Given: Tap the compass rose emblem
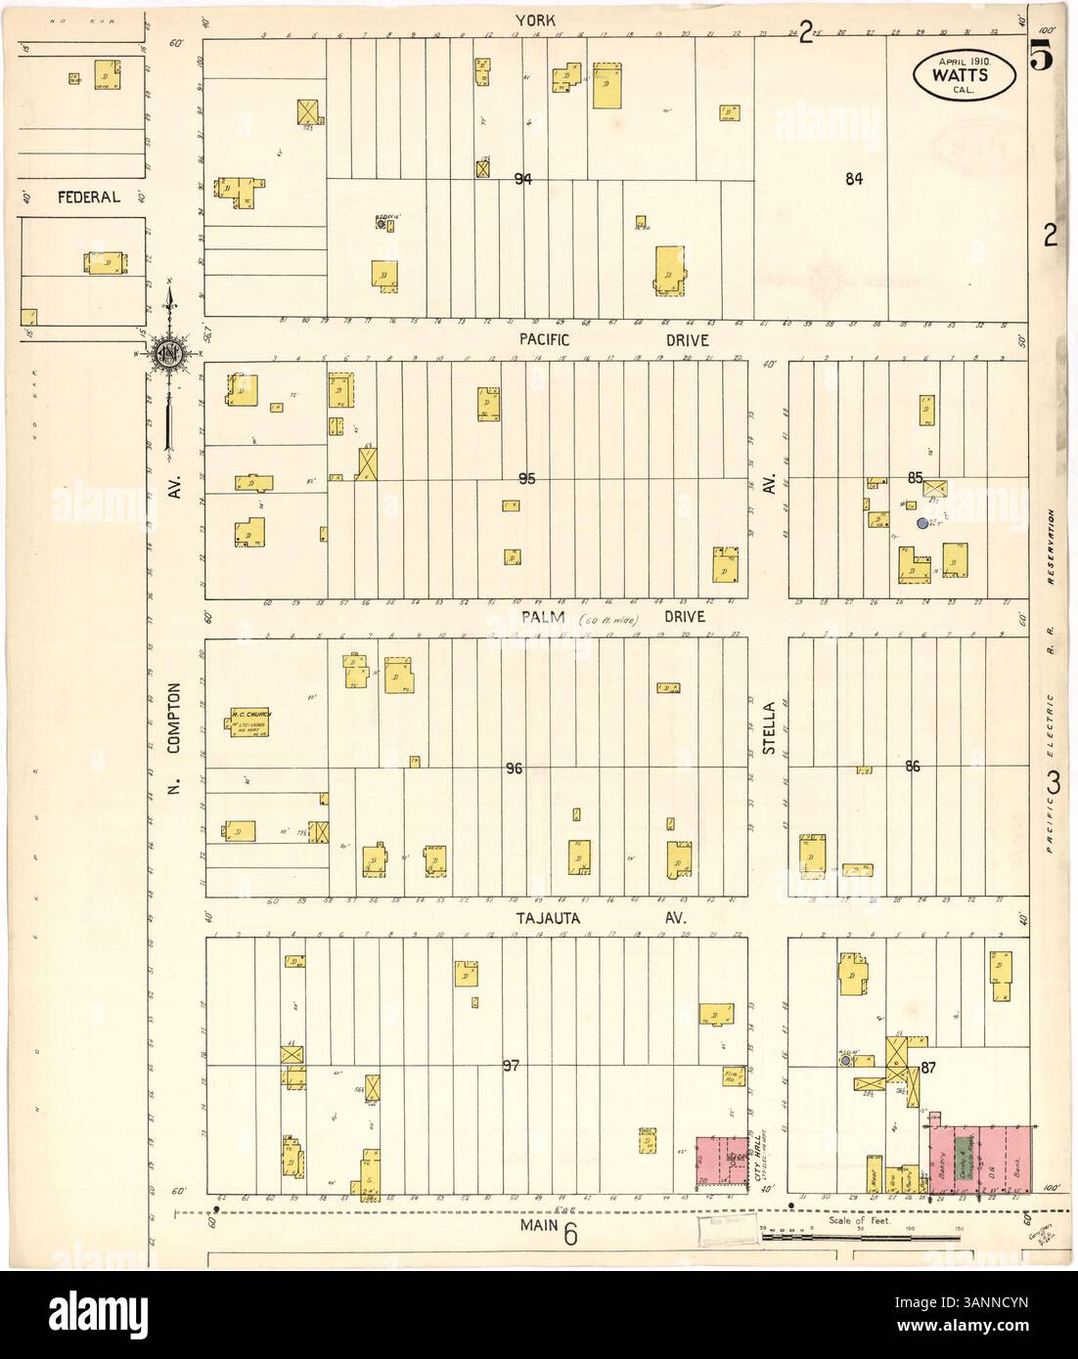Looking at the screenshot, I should tap(168, 358).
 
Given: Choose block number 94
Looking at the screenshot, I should tap(525, 179).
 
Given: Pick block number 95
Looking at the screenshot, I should tap(528, 478).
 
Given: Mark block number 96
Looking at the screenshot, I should tap(515, 769).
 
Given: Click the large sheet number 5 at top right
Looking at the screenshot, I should tap(1040, 59).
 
